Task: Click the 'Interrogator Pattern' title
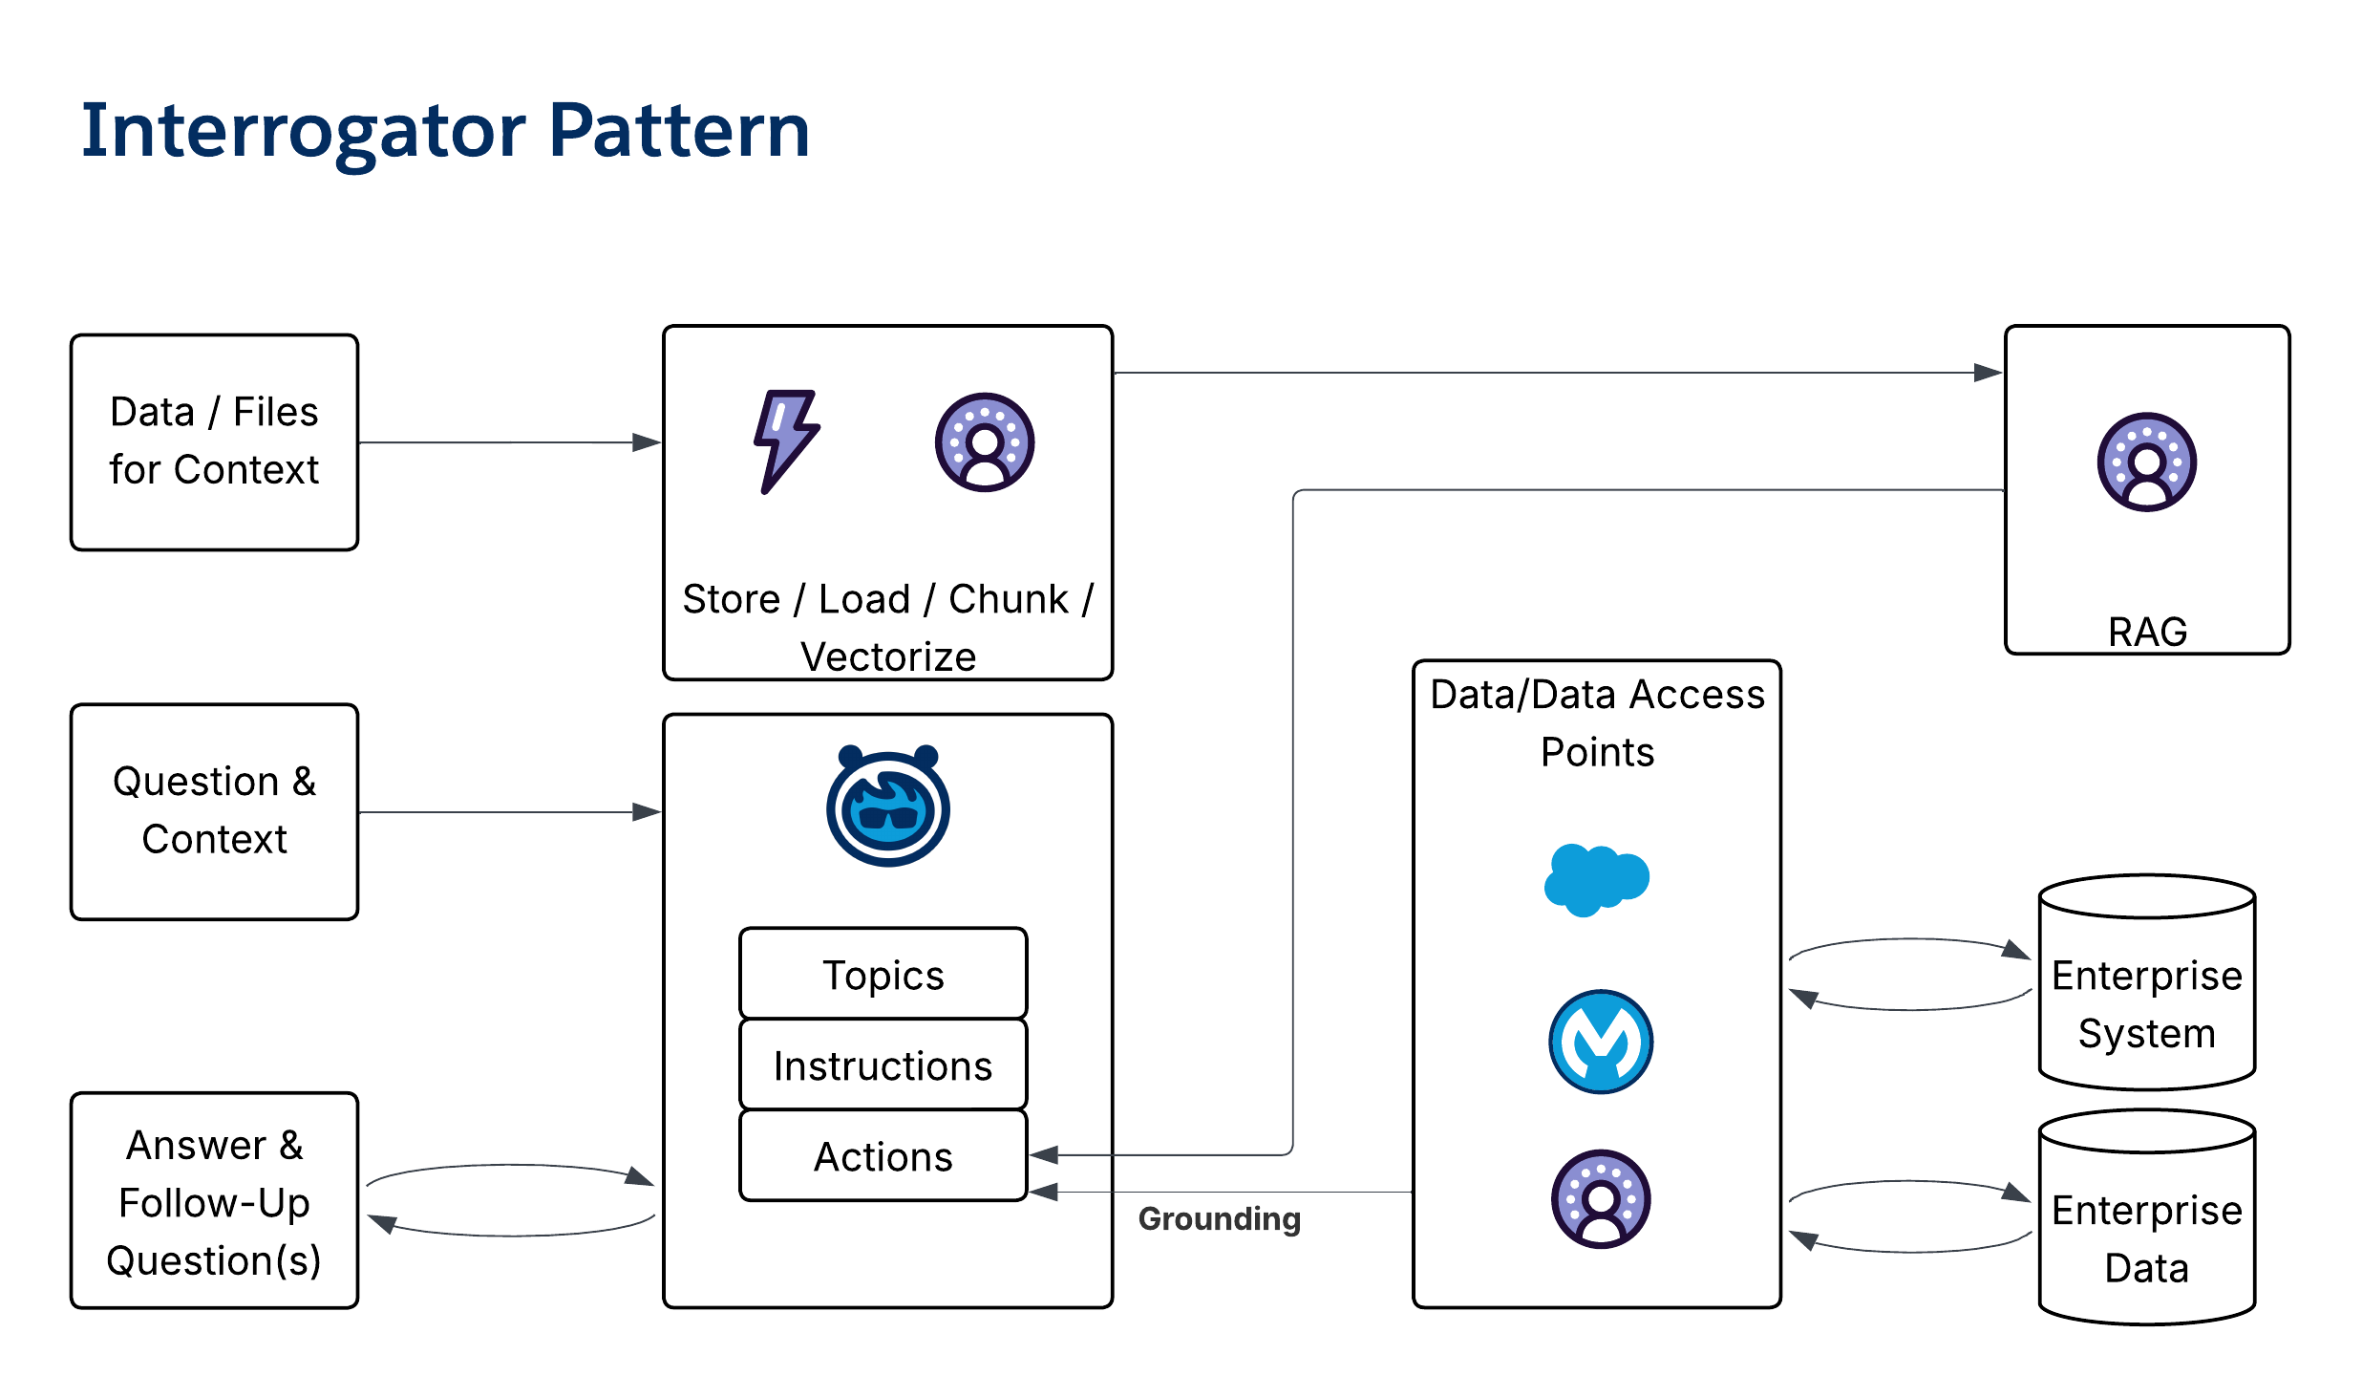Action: pos(445,131)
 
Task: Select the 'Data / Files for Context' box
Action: pos(214,441)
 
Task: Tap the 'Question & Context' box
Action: pos(214,811)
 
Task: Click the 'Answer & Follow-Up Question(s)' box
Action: pos(214,1201)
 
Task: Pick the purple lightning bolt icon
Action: pos(785,441)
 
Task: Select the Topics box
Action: pos(883,974)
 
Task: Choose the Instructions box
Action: pos(883,1065)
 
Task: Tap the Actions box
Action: pos(883,1155)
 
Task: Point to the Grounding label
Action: pos(1219,1218)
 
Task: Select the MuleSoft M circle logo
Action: pos(1600,1041)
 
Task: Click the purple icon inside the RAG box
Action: pos(2146,462)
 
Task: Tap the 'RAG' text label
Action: pos(2146,632)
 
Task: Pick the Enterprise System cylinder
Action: pos(2146,984)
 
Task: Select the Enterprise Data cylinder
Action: pos(2146,1219)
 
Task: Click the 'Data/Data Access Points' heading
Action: pos(1596,722)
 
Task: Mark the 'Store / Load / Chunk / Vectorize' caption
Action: pos(887,627)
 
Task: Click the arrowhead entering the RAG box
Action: pos(1989,373)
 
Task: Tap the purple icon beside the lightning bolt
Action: pos(984,442)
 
